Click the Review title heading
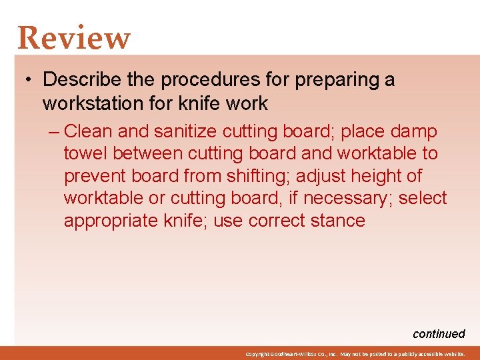[74, 38]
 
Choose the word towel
[86, 153]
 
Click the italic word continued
[439, 334]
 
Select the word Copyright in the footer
[256, 354]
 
